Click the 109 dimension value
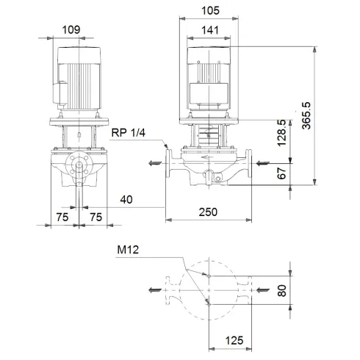(x=71, y=29)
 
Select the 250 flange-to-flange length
(x=209, y=212)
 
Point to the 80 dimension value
(x=283, y=290)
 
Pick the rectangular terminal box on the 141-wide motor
(x=208, y=92)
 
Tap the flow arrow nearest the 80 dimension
(x=262, y=290)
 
